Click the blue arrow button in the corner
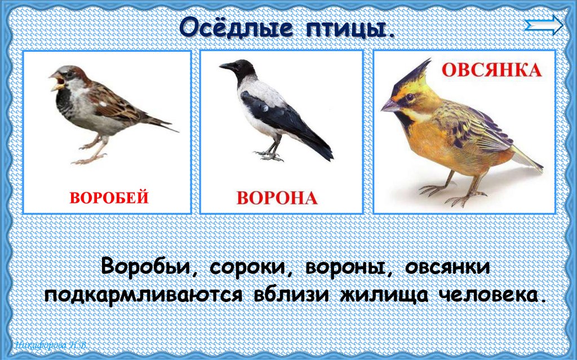pyautogui.click(x=543, y=25)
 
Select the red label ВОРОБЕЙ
pyautogui.click(x=109, y=198)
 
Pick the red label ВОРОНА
pyautogui.click(x=277, y=198)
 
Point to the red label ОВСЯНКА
pyautogui.click(x=491, y=70)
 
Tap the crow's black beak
pyautogui.click(x=227, y=66)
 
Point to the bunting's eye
pyautogui.click(x=409, y=97)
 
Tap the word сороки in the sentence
pyautogui.click(x=250, y=266)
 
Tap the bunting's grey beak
pyautogui.click(x=390, y=105)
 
